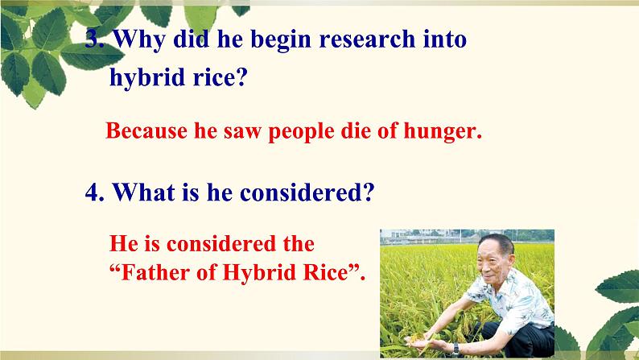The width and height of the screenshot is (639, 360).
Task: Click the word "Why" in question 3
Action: [139, 40]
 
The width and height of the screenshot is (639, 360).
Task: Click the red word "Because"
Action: [146, 130]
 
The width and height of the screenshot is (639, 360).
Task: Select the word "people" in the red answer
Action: [301, 132]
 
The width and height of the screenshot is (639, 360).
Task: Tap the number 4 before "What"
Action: [92, 192]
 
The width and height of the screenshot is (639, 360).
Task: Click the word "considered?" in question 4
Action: [307, 192]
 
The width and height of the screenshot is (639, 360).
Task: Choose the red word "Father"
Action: [155, 272]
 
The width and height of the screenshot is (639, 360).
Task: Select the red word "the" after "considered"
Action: [299, 244]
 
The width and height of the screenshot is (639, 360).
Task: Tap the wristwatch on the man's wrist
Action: [456, 349]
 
